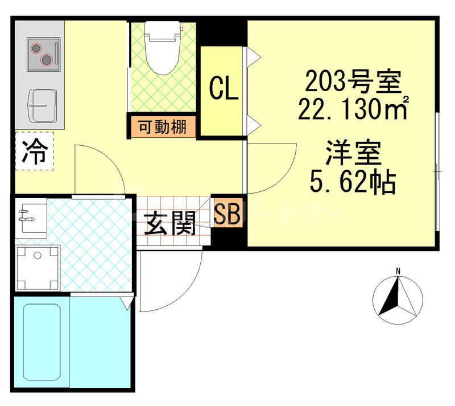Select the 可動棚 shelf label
click(162, 126)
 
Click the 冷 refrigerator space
click(34, 151)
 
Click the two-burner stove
click(43, 54)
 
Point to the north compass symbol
click(398, 296)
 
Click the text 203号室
click(353, 83)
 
